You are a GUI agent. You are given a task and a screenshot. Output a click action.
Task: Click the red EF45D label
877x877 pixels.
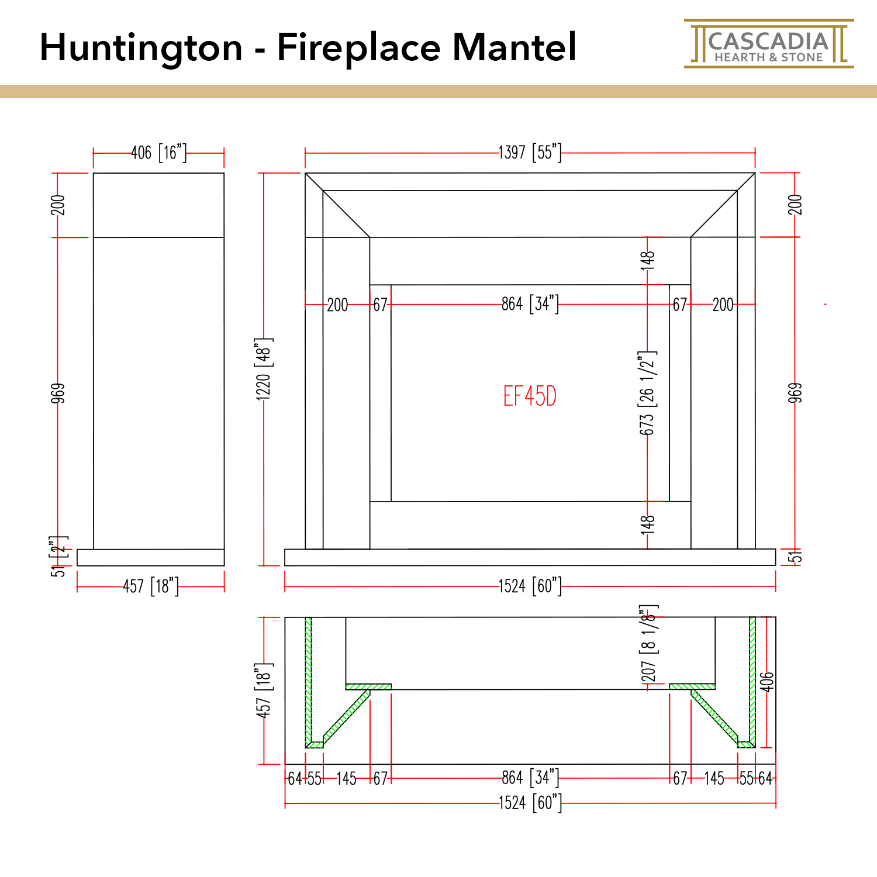click(530, 396)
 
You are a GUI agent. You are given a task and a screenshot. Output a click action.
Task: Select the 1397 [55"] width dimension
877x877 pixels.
click(530, 153)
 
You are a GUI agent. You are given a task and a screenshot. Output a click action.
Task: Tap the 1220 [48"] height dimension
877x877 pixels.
click(264, 369)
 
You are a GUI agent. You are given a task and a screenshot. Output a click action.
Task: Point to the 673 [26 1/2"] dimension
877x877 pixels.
click(647, 393)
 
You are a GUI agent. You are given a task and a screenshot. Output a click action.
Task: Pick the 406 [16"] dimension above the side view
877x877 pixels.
click(158, 153)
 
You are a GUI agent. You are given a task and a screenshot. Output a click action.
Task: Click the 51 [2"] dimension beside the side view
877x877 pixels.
click(58, 557)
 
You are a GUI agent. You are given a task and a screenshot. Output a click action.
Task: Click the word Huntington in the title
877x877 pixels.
click(141, 47)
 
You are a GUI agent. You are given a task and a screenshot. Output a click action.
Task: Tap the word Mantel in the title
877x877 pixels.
click(515, 47)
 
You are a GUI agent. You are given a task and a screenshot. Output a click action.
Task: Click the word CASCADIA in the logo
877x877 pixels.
click(768, 42)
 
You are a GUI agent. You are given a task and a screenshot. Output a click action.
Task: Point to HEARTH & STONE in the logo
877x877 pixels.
click(768, 57)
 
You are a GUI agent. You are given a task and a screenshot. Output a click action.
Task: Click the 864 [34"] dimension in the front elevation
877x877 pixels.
click(530, 304)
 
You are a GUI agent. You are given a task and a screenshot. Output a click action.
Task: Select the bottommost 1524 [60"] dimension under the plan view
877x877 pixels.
click(530, 803)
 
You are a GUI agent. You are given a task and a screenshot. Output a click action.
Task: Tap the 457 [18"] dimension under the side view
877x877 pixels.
click(151, 586)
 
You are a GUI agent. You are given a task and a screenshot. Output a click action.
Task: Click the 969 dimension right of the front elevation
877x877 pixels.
click(795, 393)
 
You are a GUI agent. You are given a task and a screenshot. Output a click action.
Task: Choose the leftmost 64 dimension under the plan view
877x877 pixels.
click(295, 778)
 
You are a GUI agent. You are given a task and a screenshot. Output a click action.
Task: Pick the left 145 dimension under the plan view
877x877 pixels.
click(346, 778)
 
